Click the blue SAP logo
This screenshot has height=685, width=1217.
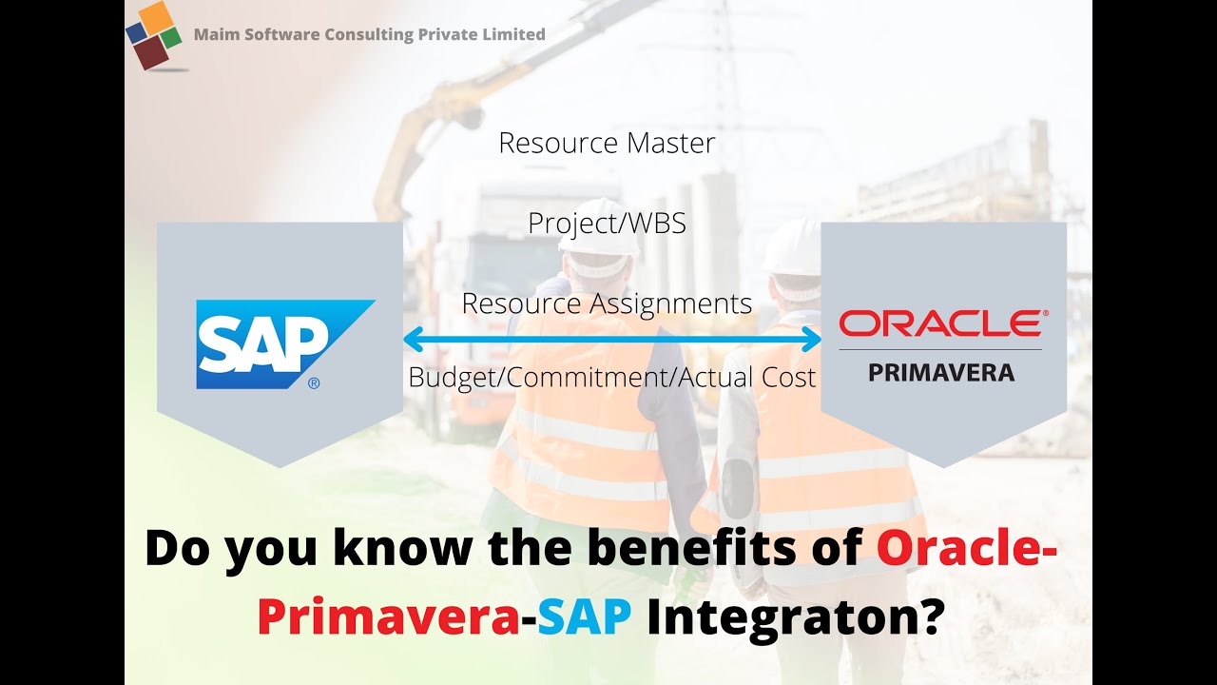tap(284, 344)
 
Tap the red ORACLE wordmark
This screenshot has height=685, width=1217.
tap(939, 324)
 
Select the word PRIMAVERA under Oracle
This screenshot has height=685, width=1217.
tap(941, 371)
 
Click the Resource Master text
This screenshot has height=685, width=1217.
tap(607, 144)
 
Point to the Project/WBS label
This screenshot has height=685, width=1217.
tap(607, 224)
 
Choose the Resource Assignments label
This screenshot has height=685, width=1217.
tap(607, 303)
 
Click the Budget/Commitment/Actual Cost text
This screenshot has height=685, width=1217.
tap(611, 378)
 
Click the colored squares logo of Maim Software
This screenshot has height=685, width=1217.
tap(154, 35)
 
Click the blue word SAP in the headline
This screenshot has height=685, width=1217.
tap(584, 616)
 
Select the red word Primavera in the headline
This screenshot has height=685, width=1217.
tap(387, 616)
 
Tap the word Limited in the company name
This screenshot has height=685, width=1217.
tap(514, 35)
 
